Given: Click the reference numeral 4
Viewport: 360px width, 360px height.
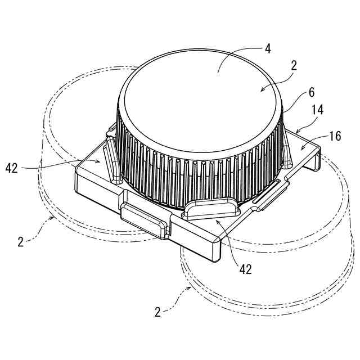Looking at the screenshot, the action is (x=268, y=48).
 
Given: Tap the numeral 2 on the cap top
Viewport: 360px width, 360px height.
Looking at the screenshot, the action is (x=293, y=65).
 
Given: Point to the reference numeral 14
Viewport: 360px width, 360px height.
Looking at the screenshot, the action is (x=317, y=110).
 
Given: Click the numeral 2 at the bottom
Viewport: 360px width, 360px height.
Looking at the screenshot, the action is (x=159, y=310).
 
